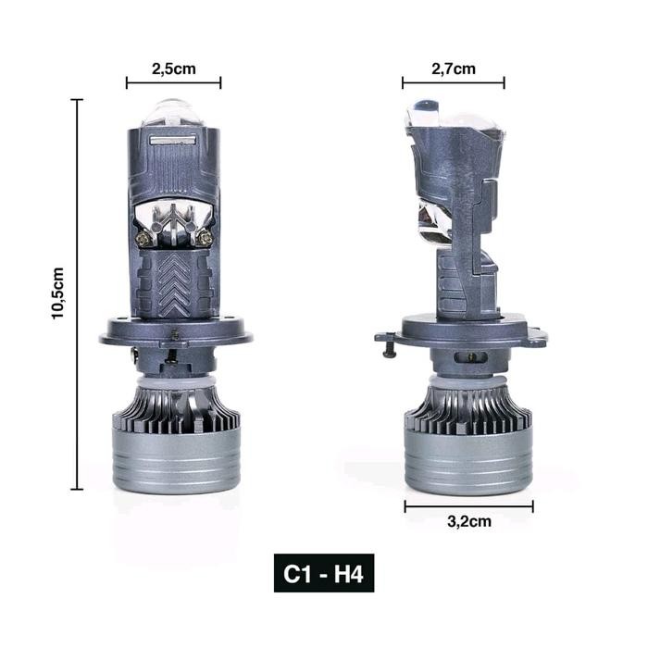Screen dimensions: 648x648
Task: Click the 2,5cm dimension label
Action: point(173,68)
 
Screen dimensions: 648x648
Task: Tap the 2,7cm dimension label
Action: point(454,68)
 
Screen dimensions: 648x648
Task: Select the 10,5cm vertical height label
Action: point(58,294)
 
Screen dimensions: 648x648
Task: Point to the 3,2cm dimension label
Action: point(468,521)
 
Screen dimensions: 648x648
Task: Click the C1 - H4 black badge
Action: point(324,574)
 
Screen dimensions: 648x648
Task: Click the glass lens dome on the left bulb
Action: point(174,113)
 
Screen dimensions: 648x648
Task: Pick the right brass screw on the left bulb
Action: point(205,238)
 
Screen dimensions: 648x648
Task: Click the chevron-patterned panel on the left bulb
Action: point(174,282)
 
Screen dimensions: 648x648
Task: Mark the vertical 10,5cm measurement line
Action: point(77,294)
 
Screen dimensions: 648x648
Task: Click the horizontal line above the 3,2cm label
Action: point(468,505)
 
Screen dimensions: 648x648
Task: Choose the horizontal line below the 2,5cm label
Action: point(173,83)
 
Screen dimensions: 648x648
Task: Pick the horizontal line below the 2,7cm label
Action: point(454,83)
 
